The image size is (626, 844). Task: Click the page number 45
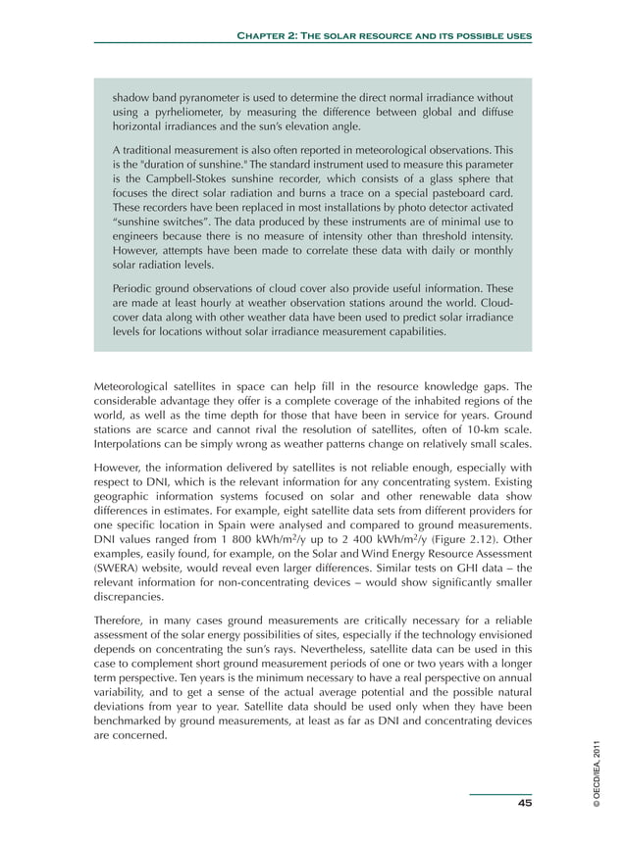click(524, 803)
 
